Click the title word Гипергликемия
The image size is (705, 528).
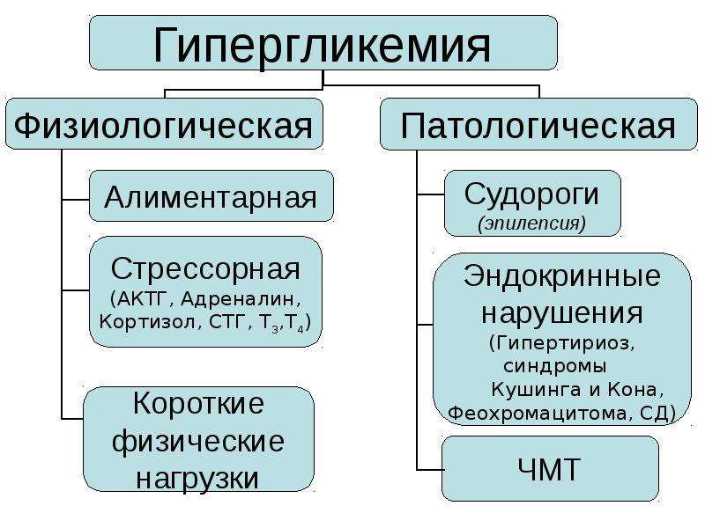pos(322,46)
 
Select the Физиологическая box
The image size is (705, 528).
pos(164,124)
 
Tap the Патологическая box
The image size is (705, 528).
pos(538,124)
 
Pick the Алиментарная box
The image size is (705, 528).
pos(211,196)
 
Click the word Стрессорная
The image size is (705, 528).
pos(205,269)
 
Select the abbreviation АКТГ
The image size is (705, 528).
pos(142,299)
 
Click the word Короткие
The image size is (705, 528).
pos(199,403)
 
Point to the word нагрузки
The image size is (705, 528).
pos(197,479)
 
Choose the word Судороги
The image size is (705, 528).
pos(532,194)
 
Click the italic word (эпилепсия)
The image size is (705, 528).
pos(532,224)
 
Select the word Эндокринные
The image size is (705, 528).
pos(562,275)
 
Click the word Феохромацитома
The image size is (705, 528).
pos(538,413)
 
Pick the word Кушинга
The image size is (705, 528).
pos(536,390)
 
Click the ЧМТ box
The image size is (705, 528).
pos(550,469)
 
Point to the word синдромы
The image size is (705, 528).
pos(555,366)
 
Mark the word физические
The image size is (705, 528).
pos(197,442)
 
